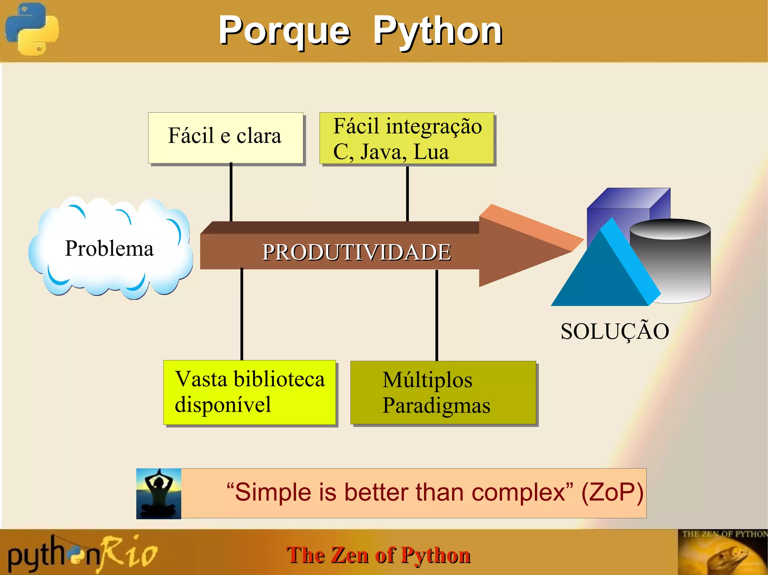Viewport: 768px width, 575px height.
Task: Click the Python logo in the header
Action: [32, 29]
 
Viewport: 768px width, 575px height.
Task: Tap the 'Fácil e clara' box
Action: [225, 137]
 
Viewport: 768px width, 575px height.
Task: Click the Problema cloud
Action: [109, 248]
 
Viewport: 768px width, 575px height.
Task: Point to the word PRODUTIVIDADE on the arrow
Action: [356, 252]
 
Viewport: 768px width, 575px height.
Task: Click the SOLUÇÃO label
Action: [615, 331]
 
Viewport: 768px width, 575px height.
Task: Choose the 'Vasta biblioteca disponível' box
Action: [249, 392]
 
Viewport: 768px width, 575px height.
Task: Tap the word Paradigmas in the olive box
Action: [436, 406]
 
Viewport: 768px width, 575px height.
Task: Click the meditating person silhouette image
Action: [159, 493]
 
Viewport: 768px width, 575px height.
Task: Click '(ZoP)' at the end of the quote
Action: [612, 492]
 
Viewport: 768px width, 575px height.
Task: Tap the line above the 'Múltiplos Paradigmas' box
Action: [436, 315]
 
